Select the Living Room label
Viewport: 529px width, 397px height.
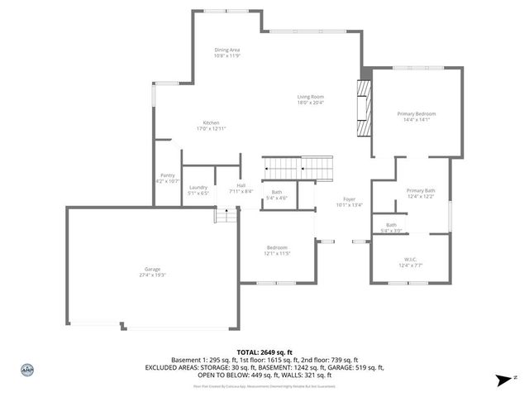tap(310, 100)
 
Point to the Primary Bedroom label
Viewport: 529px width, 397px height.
tap(416, 116)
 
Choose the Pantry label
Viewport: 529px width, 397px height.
tap(167, 178)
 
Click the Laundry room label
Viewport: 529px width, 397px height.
tap(198, 189)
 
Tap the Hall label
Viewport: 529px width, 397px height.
tap(241, 188)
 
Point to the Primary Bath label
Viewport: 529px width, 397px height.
tap(420, 194)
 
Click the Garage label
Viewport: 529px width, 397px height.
tap(152, 272)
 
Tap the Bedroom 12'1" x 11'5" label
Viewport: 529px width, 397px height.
tap(276, 251)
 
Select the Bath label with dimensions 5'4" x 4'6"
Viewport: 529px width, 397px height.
tap(276, 195)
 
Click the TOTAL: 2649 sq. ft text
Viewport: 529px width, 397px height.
tap(264, 352)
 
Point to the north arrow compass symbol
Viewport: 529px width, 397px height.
tap(502, 380)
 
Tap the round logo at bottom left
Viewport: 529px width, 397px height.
tap(26, 370)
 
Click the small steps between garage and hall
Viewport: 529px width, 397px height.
tap(222, 215)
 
